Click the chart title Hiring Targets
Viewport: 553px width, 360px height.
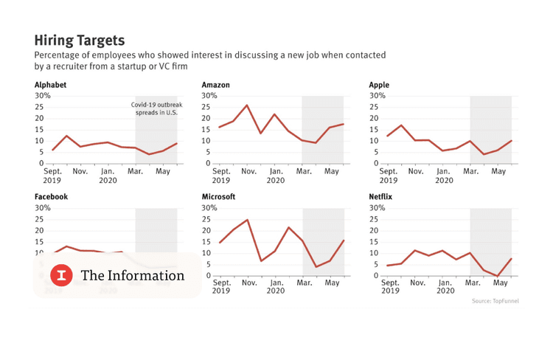(x=80, y=39)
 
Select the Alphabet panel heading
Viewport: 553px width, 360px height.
(x=50, y=85)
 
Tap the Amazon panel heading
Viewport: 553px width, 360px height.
(x=215, y=85)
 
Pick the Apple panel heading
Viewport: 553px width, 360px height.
(x=379, y=85)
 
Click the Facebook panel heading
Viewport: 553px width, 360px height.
(x=52, y=197)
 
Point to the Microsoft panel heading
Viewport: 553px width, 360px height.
(x=218, y=197)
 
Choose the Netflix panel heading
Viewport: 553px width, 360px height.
(x=381, y=197)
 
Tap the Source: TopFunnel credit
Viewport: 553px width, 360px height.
(x=495, y=301)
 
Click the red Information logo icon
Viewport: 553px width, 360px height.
(x=61, y=275)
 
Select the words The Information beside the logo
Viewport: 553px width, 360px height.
(x=133, y=275)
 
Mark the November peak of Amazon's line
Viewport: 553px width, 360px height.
(x=247, y=105)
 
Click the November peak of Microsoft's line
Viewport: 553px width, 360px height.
(x=247, y=220)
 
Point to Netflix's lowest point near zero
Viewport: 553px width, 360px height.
(x=498, y=276)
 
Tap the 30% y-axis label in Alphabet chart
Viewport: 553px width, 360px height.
(x=42, y=96)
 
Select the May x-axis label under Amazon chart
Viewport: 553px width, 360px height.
(x=332, y=171)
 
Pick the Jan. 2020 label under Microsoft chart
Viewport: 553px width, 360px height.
(x=276, y=287)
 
